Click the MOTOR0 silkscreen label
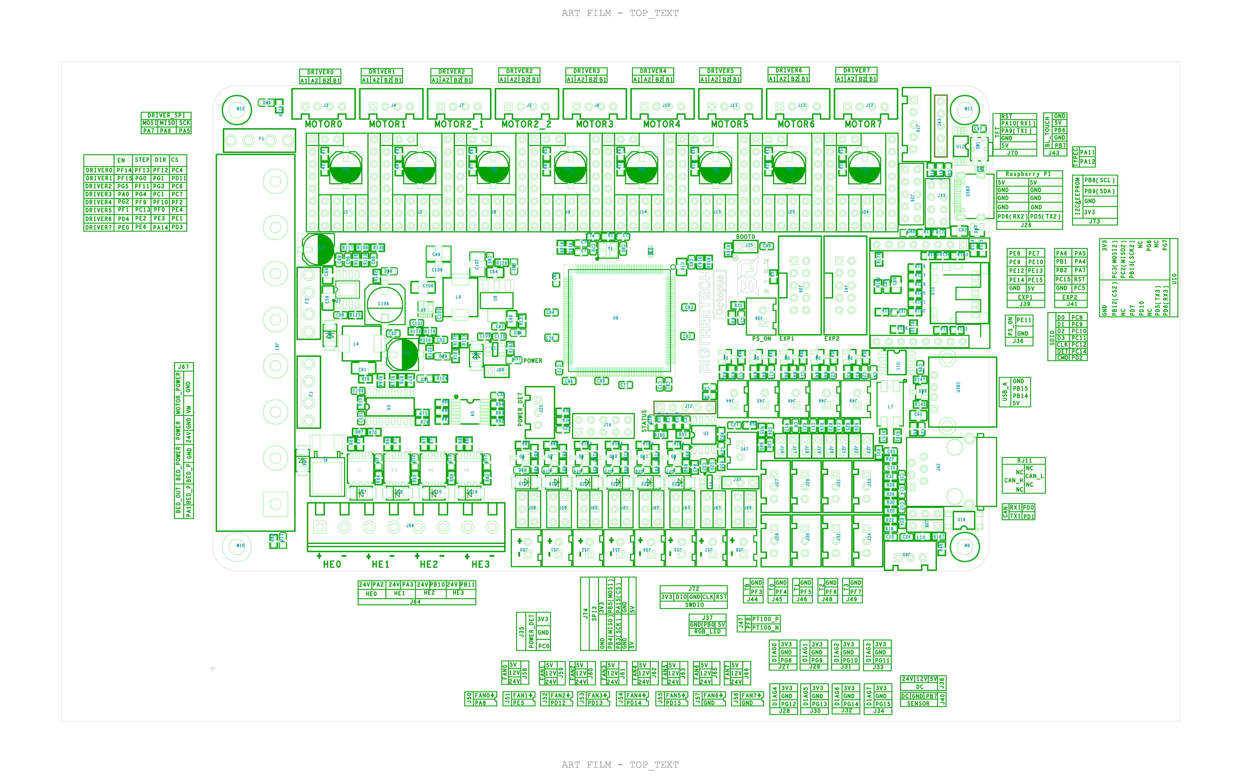[323, 124]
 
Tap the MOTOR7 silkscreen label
[863, 124]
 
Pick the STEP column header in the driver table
[142, 160]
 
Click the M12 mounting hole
[237, 109]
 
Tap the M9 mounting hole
[964, 546]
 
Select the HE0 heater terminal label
[332, 564]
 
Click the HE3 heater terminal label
[480, 564]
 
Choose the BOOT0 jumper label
[745, 237]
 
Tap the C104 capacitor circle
[384, 304]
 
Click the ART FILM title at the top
[620, 13]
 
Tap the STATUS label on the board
[644, 421]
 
